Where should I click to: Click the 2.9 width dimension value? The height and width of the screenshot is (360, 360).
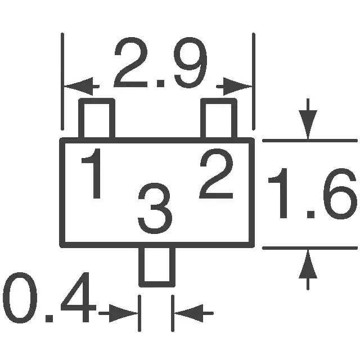point(161,64)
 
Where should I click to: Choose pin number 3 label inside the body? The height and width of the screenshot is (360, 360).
point(155,208)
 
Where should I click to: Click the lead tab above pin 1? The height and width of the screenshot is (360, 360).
point(96,119)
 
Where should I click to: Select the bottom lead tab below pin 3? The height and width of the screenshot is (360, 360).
point(156,265)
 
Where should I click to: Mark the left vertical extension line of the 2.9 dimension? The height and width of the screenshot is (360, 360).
point(62,79)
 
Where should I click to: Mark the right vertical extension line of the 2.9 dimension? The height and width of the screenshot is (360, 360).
point(254,79)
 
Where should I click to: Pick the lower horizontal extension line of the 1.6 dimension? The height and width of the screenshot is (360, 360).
point(309,247)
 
